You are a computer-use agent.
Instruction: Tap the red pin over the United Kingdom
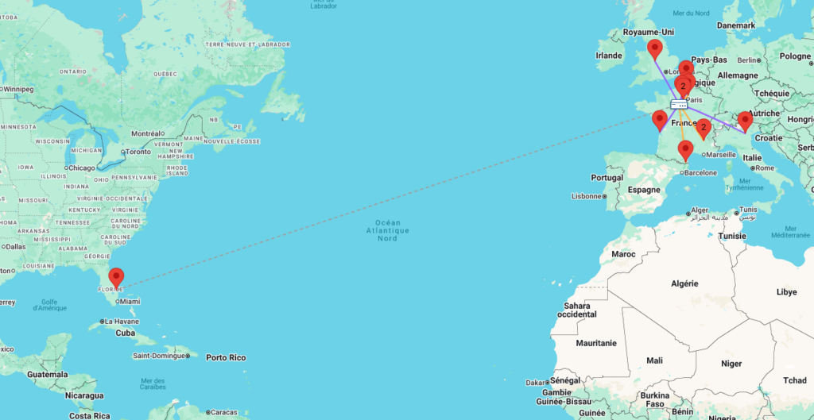(655, 48)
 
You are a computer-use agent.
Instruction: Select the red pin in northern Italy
(745, 121)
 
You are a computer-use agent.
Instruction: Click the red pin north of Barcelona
(685, 149)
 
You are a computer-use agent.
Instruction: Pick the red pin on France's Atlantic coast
(659, 120)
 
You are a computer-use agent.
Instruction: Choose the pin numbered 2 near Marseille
(703, 128)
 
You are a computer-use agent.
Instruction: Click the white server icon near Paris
(679, 104)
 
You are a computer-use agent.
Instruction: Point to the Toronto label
(138, 151)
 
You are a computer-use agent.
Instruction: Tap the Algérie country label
(684, 283)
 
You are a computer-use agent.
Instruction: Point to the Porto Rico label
(226, 357)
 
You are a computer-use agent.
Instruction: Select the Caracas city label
(224, 412)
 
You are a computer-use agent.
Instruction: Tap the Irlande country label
(609, 56)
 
